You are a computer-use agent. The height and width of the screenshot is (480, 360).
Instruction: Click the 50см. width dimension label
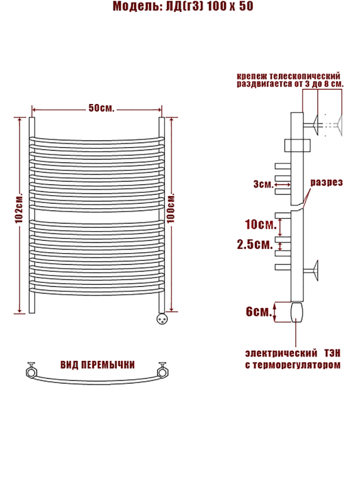101,108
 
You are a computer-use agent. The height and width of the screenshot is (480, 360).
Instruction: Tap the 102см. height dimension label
19,208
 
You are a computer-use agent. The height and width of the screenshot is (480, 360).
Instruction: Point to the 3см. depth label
263,185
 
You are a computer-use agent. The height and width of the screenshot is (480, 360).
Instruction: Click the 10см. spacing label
261,224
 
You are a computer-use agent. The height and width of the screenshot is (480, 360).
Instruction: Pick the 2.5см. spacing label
254,244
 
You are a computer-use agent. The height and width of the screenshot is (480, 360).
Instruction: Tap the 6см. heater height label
259,312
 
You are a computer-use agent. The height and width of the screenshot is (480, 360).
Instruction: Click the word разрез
327,183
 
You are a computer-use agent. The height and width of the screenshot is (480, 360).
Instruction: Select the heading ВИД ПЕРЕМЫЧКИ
98,365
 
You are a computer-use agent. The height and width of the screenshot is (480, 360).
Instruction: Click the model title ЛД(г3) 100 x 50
210,6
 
